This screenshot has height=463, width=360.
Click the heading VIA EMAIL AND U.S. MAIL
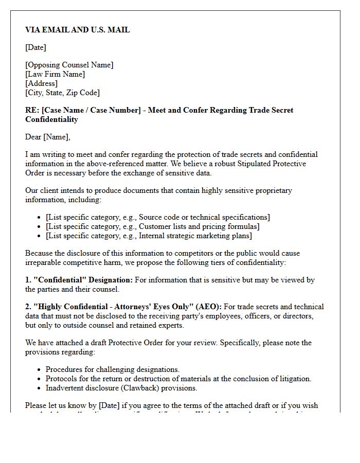(78, 30)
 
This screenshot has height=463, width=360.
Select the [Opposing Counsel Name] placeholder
(69, 65)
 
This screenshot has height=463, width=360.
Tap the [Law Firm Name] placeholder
(55, 74)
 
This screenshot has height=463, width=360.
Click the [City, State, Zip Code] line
(62, 93)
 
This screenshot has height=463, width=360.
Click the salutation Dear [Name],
(48, 137)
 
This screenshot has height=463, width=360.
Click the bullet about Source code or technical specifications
(157, 217)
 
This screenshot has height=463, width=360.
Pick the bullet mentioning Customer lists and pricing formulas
(152, 226)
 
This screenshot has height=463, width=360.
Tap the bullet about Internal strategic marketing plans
(149, 236)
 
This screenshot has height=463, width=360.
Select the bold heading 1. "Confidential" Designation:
(79, 280)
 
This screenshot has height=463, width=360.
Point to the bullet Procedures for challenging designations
(112, 369)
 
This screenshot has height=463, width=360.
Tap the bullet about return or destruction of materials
(178, 379)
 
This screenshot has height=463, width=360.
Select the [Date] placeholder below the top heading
(35, 47)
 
